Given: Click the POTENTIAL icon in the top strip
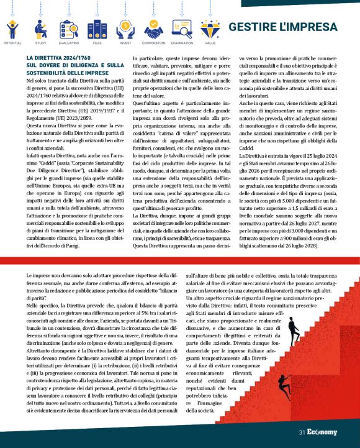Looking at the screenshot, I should pos(12,29).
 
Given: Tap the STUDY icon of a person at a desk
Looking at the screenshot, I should pos(40,29).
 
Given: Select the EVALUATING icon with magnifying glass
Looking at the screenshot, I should pos(68,29).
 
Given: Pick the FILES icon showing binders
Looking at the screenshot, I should pos(96,29).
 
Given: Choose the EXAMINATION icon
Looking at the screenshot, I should pos(181,29).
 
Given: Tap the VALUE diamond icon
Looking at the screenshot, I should pos(210,29).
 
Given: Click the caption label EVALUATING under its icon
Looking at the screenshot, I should pos(68,43).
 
